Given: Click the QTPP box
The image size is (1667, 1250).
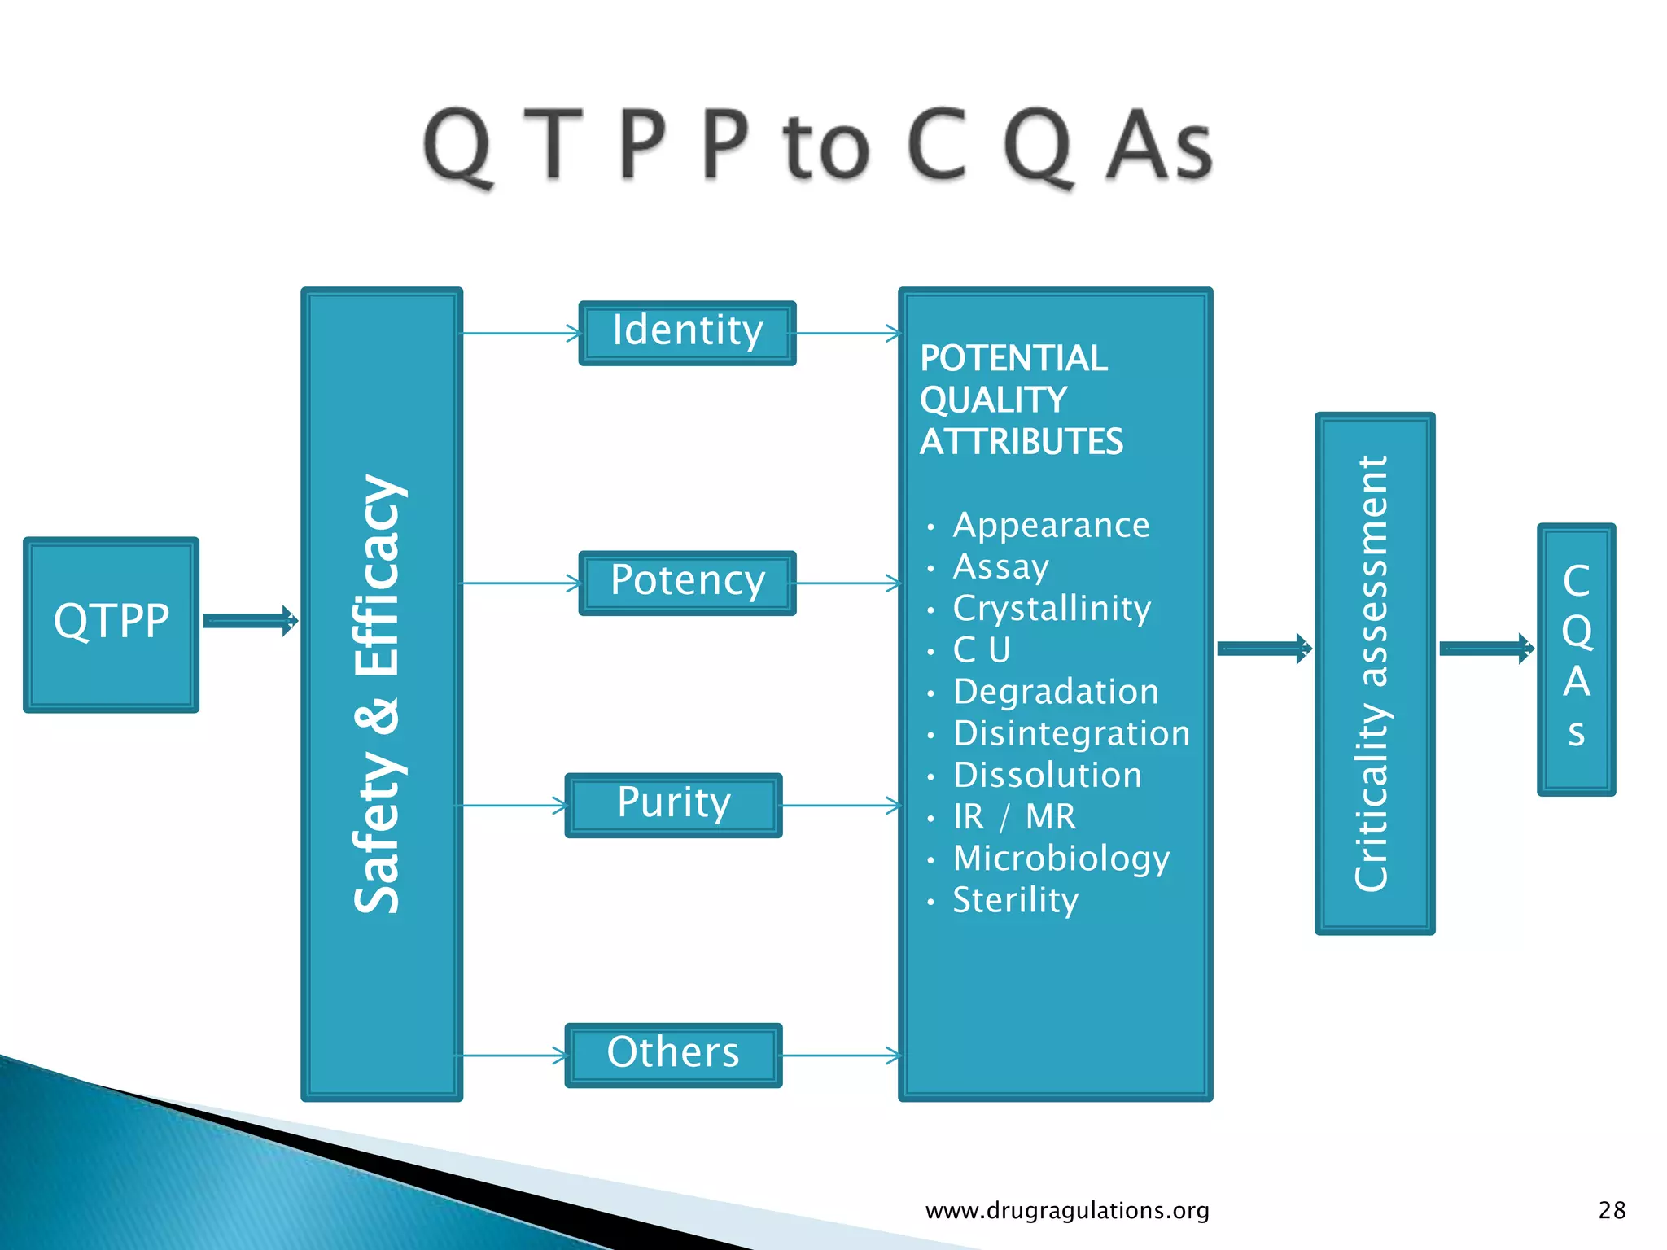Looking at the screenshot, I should [x=111, y=623].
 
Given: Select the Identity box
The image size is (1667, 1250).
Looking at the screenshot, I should [x=687, y=333].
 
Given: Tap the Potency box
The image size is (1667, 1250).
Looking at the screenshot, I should [x=687, y=583].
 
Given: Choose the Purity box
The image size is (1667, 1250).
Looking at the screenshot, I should [x=673, y=805].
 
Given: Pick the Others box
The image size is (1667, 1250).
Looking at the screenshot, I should [x=673, y=1055].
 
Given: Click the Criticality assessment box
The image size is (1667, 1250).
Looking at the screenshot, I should [x=1374, y=673].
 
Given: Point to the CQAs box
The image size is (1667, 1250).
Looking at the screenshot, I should [x=1576, y=658].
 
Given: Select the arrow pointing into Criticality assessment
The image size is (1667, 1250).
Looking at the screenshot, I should [x=1264, y=649].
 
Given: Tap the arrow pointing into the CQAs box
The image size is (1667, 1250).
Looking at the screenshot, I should [x=1486, y=649].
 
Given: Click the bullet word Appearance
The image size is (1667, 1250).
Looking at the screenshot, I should [x=1051, y=526].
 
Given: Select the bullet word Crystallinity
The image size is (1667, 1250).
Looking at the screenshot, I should [x=1052, y=609].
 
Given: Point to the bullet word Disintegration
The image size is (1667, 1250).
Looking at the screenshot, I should [x=1071, y=733].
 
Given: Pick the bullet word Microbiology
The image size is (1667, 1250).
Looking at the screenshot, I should [x=1061, y=859].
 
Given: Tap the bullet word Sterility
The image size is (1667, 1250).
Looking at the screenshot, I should [x=1015, y=900].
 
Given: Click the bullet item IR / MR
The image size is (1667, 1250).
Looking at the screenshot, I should [x=1014, y=816].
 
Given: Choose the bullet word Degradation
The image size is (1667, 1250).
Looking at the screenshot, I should [x=1056, y=692].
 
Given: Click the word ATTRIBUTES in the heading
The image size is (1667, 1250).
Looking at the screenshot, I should [x=1021, y=442].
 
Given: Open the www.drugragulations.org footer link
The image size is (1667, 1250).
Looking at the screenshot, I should [x=1067, y=1211].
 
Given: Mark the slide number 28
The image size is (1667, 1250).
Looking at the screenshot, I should [x=1612, y=1211].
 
